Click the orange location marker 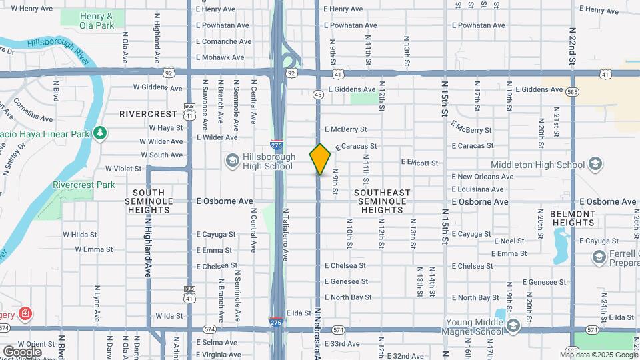click(320, 159)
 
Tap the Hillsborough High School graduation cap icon click(232, 160)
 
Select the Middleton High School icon click(595, 164)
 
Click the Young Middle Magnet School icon click(513, 325)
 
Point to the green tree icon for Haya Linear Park click(100, 133)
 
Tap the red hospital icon click(25, 313)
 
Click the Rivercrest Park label click(84, 185)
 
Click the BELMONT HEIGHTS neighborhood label click(573, 218)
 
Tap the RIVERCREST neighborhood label click(148, 114)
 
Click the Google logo click(22, 351)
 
